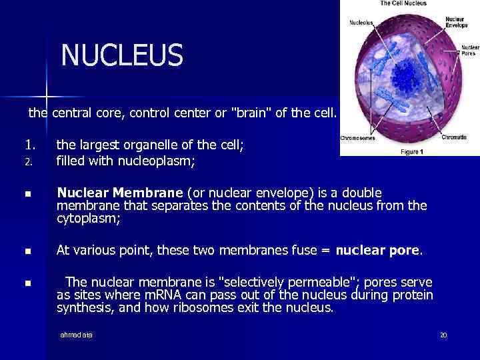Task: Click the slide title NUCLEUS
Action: click(x=121, y=55)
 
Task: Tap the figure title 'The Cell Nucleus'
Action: click(x=404, y=4)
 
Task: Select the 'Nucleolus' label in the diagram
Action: click(x=362, y=23)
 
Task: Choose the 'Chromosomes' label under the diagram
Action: click(x=358, y=139)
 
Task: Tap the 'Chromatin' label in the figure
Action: click(x=453, y=137)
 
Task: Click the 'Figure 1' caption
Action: click(x=410, y=151)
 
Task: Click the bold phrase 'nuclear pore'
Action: click(x=377, y=251)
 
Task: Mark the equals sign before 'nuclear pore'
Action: click(x=325, y=251)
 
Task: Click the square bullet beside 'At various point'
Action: click(x=27, y=252)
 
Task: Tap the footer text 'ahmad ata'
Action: click(x=77, y=335)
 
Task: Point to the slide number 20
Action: click(x=443, y=335)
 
